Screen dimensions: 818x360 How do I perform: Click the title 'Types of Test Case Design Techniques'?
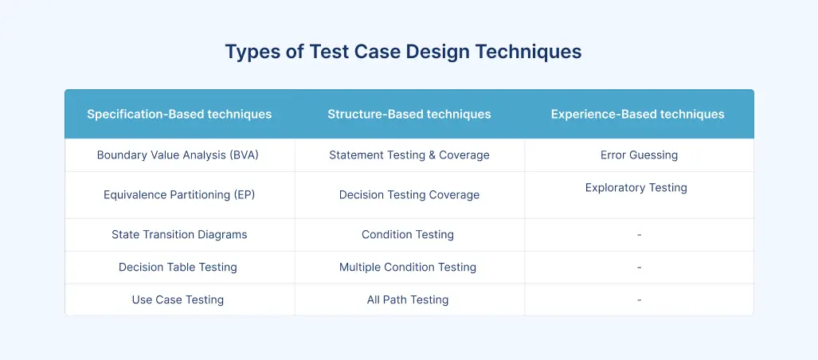click(x=403, y=53)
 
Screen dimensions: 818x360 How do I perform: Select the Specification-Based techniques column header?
click(x=179, y=114)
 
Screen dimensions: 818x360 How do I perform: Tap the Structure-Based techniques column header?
click(x=409, y=114)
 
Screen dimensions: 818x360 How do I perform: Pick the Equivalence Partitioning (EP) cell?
click(x=179, y=195)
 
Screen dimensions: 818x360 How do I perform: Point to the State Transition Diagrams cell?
click(x=179, y=235)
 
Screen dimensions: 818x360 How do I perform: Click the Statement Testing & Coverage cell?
click(x=409, y=155)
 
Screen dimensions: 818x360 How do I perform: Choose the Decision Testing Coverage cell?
click(x=409, y=195)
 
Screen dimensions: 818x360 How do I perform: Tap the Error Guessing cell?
click(x=639, y=155)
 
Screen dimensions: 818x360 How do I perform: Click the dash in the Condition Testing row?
click(x=639, y=235)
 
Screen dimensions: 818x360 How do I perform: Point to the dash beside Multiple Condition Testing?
click(x=639, y=268)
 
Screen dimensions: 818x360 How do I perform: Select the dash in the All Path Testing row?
click(x=639, y=300)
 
